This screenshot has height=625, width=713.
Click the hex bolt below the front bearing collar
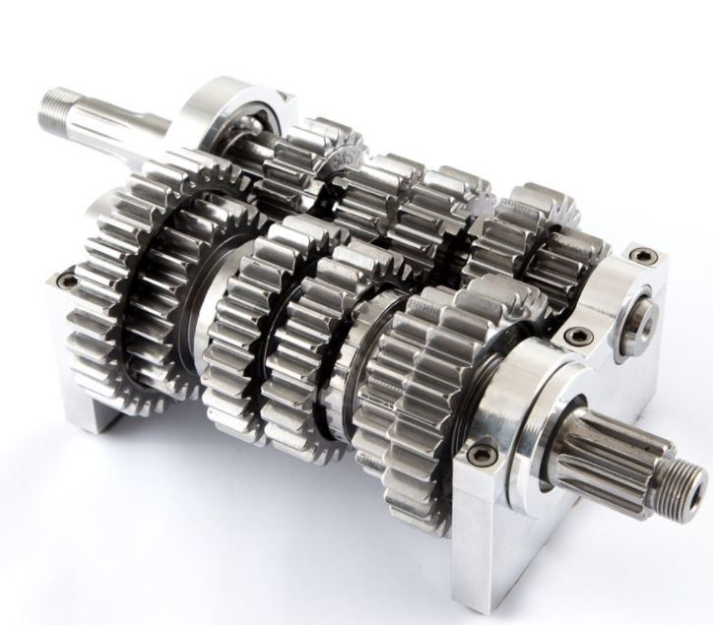pyautogui.click(x=482, y=453)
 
